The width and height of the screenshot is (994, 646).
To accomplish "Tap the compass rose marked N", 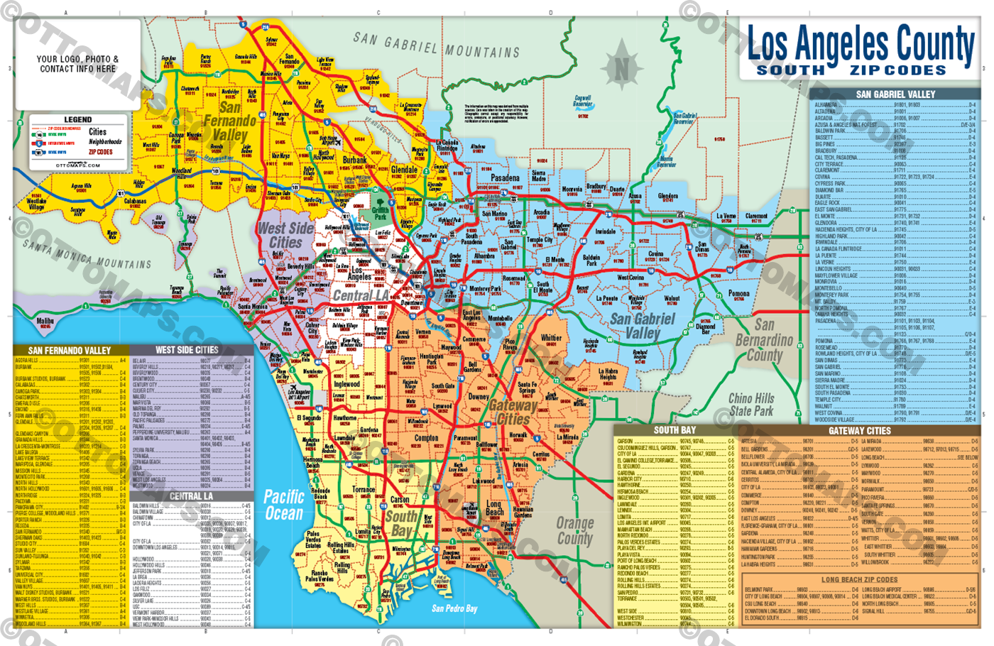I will [622, 68].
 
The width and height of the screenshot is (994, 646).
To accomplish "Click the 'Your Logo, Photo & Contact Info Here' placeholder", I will [77, 64].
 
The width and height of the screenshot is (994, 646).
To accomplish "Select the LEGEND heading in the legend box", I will [78, 119].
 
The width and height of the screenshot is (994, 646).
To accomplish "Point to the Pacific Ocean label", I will [284, 505].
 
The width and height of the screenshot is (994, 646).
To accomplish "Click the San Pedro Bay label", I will [454, 608].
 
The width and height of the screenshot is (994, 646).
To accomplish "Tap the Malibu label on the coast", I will [45, 322].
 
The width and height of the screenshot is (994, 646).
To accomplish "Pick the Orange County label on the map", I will [574, 530].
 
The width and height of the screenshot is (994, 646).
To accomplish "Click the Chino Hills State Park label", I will [751, 405].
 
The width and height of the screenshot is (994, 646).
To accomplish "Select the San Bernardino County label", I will [764, 340].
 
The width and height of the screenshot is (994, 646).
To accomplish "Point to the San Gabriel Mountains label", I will [437, 45].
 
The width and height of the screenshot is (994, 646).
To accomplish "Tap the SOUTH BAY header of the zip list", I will [674, 430].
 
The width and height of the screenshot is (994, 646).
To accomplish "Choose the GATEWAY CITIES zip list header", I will [859, 431].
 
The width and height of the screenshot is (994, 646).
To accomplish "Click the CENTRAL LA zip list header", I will [191, 496].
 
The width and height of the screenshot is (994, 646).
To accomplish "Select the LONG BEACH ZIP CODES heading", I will [859, 580].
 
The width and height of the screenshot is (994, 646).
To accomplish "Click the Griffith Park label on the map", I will [381, 213].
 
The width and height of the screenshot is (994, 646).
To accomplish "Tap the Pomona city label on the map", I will [738, 293].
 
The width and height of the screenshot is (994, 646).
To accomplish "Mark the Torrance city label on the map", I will [364, 490].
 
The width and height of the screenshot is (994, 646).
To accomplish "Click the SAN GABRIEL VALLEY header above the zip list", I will [895, 94].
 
